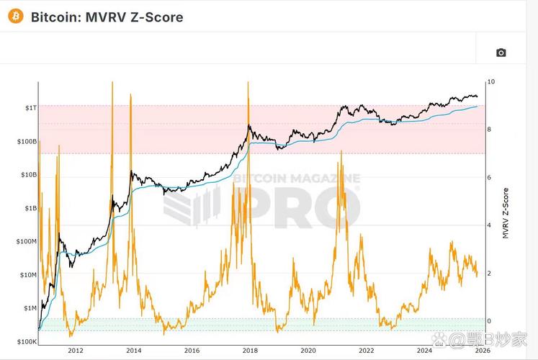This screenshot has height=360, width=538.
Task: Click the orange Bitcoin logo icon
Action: point(15,16)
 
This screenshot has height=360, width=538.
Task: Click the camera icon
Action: point(501,53)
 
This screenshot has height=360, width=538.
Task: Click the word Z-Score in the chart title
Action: point(156,16)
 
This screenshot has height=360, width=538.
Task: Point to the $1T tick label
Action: point(29,107)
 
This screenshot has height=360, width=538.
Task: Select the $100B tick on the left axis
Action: point(26,141)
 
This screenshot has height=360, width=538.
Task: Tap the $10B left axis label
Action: point(27,175)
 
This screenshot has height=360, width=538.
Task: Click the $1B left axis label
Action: point(29,208)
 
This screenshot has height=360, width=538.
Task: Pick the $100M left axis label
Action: point(26,242)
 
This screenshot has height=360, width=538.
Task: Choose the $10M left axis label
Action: point(27,275)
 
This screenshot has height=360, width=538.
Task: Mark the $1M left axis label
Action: point(29,308)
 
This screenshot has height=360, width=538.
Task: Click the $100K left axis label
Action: point(26,342)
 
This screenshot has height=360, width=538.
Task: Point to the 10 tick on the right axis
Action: point(491,82)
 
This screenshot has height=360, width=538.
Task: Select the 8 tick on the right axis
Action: point(490,130)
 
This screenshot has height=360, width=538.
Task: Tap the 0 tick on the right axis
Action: point(490,321)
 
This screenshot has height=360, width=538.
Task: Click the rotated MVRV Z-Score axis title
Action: point(506,212)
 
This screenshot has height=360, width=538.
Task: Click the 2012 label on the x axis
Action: point(75,351)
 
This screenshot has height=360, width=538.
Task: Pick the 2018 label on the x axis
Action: point(250,351)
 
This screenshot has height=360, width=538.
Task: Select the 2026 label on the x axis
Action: point(482,351)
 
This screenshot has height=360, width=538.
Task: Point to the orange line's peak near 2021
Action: point(340,151)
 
